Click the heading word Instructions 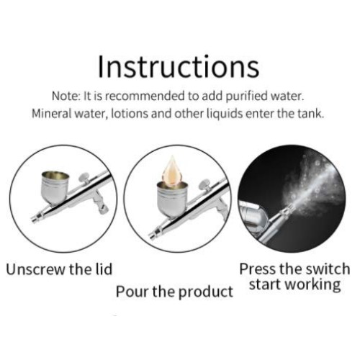(x=178, y=66)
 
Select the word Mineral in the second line (x=55, y=114)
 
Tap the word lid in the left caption (x=101, y=270)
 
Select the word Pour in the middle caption (x=132, y=292)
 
